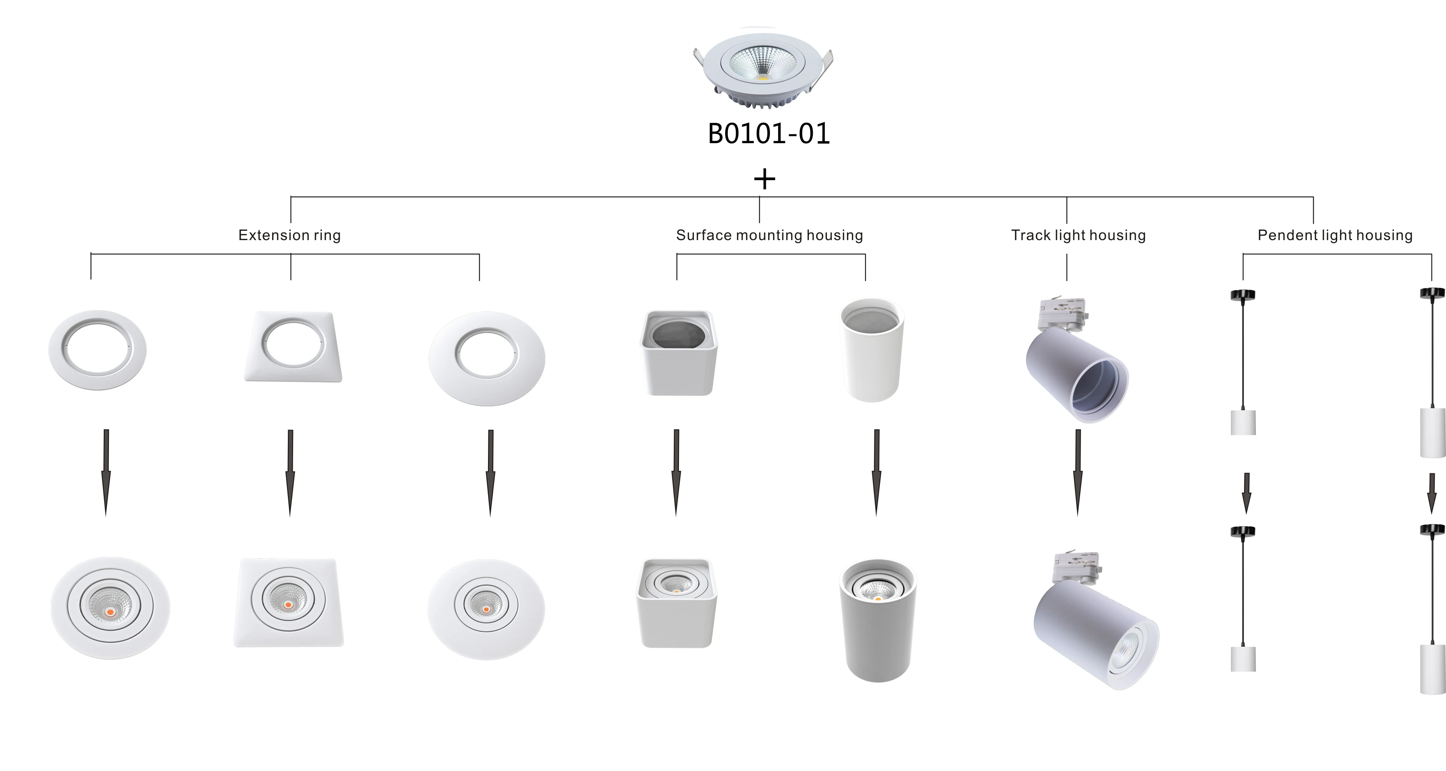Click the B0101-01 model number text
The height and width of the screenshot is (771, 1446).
(769, 134)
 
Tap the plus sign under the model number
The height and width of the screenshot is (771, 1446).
(764, 179)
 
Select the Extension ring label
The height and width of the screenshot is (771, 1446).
(290, 235)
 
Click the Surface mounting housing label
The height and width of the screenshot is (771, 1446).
(769, 235)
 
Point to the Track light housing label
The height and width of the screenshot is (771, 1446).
(1078, 235)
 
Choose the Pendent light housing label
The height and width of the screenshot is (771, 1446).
(1335, 235)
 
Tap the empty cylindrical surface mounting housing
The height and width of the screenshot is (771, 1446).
(872, 349)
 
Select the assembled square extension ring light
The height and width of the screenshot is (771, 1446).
(289, 602)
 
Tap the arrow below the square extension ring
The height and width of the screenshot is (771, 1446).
(290, 473)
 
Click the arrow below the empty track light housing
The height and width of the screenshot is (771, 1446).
(1078, 473)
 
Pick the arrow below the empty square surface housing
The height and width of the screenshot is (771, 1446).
(677, 473)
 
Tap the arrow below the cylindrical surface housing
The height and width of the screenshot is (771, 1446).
(876, 473)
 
